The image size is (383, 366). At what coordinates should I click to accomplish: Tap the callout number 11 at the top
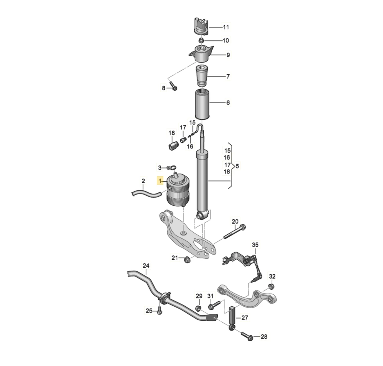coord(226,27)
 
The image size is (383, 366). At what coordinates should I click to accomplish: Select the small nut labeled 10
coord(201,41)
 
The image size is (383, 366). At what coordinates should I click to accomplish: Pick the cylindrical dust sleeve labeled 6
coord(202,104)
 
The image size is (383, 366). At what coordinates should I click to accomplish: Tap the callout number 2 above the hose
coord(143,181)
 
